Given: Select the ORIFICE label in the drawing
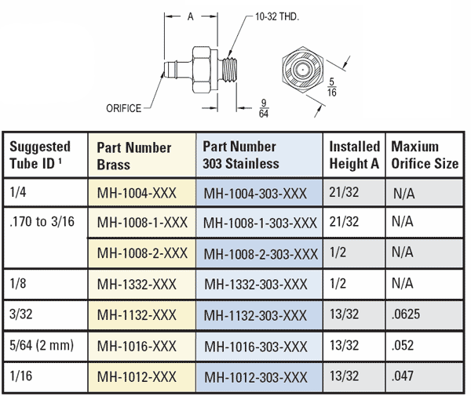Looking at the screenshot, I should pyautogui.click(x=123, y=108).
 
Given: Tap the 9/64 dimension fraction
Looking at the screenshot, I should pyautogui.click(x=265, y=107).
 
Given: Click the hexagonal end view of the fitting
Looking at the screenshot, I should pyautogui.click(x=302, y=69).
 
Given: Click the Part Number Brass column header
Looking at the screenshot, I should pyautogui.click(x=133, y=155).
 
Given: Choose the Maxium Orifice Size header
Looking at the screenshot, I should pyautogui.click(x=425, y=155).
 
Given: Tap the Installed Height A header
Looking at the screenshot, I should pyautogui.click(x=354, y=155).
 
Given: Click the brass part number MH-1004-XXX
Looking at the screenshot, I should pyautogui.click(x=137, y=193).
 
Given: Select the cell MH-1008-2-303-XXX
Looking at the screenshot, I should pyautogui.click(x=260, y=253).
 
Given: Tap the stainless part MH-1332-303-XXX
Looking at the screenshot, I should pyautogui.click(x=255, y=284).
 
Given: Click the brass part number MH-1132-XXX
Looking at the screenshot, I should pyautogui.click(x=137, y=315).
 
